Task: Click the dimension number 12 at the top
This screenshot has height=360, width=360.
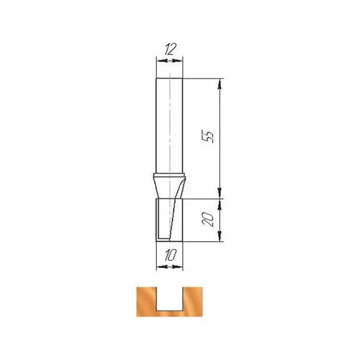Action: pos(170,49)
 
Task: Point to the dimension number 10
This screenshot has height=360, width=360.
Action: pos(170,255)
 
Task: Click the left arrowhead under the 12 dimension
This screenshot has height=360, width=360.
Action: pos(161,61)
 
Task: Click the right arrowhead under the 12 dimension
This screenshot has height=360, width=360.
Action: pos(178,61)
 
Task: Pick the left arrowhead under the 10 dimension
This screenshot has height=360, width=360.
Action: pos(161,267)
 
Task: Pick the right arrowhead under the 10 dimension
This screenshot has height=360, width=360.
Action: pos(178,267)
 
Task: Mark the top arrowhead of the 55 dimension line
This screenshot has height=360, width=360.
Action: pos(220,84)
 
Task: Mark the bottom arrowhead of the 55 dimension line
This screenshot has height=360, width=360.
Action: pos(220,193)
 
